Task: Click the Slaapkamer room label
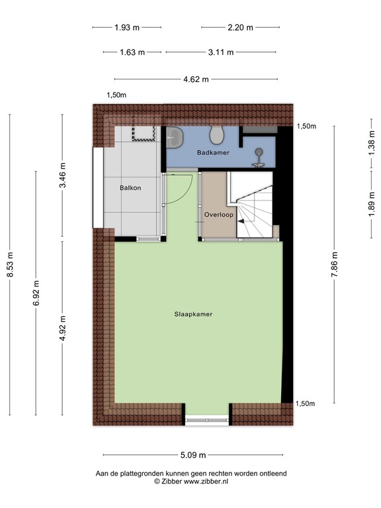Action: point(194,314)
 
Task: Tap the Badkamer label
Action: point(213,153)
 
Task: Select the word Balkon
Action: point(130,188)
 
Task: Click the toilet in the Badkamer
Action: point(216,136)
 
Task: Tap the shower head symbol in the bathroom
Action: point(259,154)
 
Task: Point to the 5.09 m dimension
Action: point(193,455)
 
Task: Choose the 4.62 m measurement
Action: point(196,79)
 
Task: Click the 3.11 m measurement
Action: point(220,52)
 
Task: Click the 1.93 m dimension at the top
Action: point(127,28)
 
